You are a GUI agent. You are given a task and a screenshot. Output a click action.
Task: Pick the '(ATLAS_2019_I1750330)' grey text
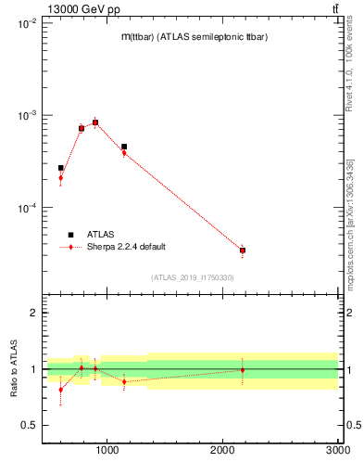pos(192,277)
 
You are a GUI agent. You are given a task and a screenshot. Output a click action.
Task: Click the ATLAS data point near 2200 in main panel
pos(243,250)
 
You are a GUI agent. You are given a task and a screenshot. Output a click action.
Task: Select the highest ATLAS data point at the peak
pos(95,122)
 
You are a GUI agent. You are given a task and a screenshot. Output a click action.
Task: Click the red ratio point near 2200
pos(243,370)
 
